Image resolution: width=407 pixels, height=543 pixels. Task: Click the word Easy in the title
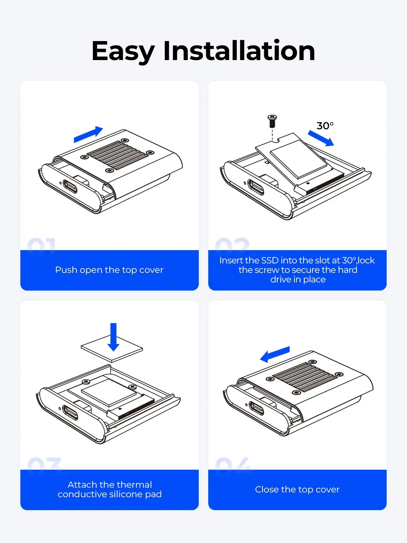(123, 52)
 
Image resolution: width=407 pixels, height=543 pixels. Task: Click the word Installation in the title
(239, 50)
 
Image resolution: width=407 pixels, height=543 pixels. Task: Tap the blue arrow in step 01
(88, 134)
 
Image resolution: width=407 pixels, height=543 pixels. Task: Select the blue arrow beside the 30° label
(321, 138)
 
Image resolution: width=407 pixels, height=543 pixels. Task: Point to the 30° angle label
(325, 126)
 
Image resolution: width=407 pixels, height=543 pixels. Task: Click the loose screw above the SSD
(272, 121)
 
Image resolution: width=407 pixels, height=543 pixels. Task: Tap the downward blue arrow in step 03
(113, 337)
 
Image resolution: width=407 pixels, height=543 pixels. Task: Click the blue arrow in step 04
(275, 354)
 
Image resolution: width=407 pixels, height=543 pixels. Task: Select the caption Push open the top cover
(109, 270)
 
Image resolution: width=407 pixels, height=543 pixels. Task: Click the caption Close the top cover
(297, 489)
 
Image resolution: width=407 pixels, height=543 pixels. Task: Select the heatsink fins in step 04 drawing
(305, 377)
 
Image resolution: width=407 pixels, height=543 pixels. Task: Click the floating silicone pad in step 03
(112, 349)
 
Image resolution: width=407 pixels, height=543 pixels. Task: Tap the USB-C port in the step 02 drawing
(256, 187)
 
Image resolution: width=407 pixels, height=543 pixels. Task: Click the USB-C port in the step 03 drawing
(70, 412)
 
